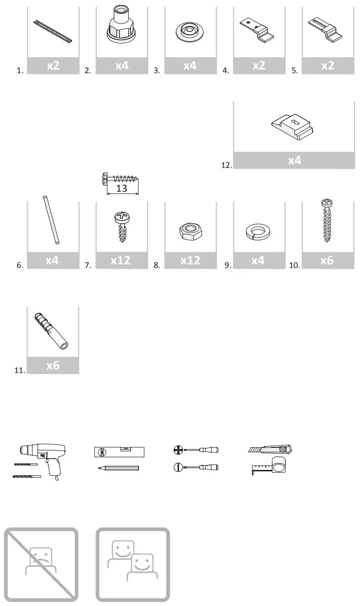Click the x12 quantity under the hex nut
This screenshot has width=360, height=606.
190,260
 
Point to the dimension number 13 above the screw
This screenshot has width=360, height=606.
122,188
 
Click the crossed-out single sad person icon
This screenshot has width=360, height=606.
41,564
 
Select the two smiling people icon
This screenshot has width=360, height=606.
133,564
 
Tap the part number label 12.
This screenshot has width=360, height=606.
225,165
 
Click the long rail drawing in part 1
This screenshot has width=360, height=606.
53,31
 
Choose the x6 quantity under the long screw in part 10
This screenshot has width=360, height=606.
327,260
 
